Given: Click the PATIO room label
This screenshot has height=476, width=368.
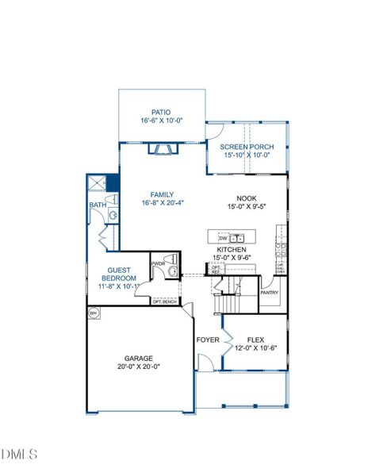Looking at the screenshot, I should click(x=162, y=113).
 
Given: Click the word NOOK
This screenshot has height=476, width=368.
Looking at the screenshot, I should click(x=247, y=199).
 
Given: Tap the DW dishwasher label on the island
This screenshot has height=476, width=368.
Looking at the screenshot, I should click(x=223, y=237).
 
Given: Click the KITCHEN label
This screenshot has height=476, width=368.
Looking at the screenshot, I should click(x=232, y=250).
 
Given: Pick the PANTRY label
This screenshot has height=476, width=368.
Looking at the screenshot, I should click(x=269, y=291).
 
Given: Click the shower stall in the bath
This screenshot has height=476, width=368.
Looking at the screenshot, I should click(x=97, y=184).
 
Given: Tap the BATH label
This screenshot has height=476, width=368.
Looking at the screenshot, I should click(x=97, y=205).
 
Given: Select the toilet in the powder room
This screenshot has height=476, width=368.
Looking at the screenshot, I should click(x=171, y=272).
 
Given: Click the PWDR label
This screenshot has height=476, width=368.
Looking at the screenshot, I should click(x=158, y=263).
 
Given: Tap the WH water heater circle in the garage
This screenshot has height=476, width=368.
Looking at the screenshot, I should click(x=93, y=313).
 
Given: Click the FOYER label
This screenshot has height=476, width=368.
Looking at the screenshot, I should click(x=207, y=340).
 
